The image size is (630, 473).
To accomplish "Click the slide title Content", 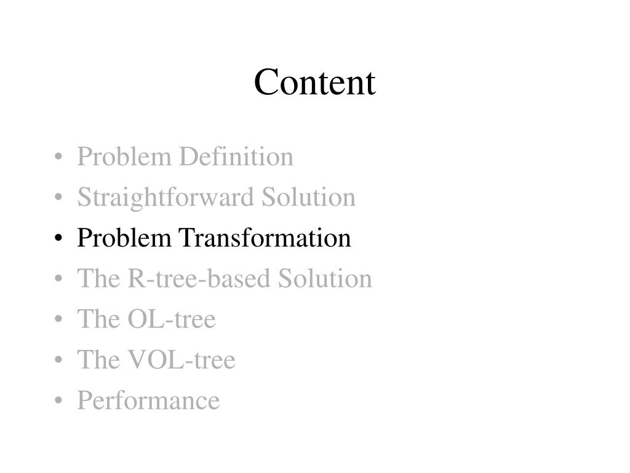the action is (314, 83).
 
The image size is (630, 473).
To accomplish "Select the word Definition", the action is (236, 157).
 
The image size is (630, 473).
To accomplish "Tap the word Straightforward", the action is (165, 198).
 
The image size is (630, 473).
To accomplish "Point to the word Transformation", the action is (265, 238).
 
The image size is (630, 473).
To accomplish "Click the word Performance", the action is (148, 401).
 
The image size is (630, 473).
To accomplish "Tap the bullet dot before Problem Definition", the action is (58, 158).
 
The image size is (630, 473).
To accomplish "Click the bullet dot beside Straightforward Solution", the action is (58, 199).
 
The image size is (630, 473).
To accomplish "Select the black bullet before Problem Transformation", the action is (58, 240).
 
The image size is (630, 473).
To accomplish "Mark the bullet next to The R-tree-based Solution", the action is (58, 280).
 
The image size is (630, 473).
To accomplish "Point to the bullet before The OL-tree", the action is (58, 321).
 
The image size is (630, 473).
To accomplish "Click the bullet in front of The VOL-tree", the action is (58, 362).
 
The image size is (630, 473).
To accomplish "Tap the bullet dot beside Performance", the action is (58, 402).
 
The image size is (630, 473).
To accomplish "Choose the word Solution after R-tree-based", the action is (325, 279).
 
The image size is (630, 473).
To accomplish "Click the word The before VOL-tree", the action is (95, 360).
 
